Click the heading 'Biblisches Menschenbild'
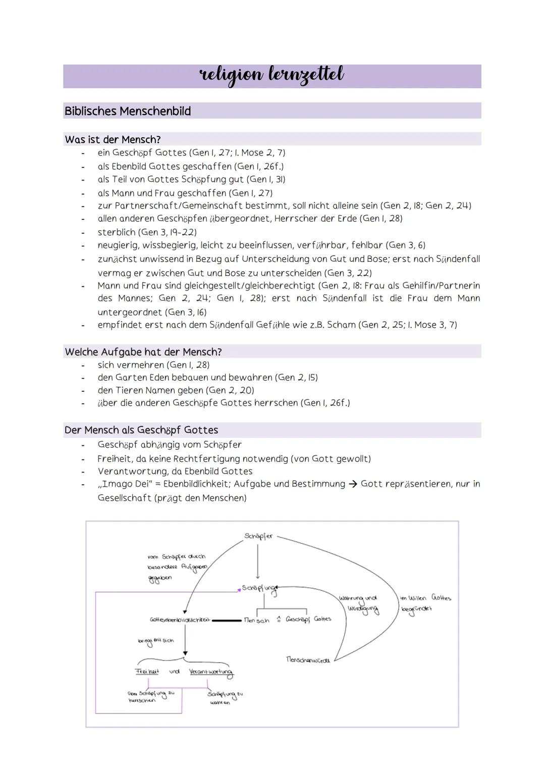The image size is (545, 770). point(128,111)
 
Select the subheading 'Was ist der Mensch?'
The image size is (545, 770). point(113,139)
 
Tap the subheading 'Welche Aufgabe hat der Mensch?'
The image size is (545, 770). point(143,351)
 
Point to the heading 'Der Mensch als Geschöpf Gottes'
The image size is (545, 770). point(141,430)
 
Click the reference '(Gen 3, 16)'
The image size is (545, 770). point(186,312)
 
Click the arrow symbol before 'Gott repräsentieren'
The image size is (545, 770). point(353,484)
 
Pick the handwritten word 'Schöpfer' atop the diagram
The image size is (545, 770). point(258,536)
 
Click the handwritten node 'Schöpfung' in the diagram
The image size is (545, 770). point(259,588)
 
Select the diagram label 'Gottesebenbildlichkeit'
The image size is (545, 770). point(180,619)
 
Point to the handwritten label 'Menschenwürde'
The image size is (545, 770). point(308,659)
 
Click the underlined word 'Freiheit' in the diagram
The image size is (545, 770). point(147,672)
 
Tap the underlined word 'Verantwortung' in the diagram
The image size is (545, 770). point(211,672)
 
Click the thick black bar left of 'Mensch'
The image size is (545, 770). point(227,620)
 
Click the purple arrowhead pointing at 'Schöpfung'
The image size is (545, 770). point(239,589)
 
